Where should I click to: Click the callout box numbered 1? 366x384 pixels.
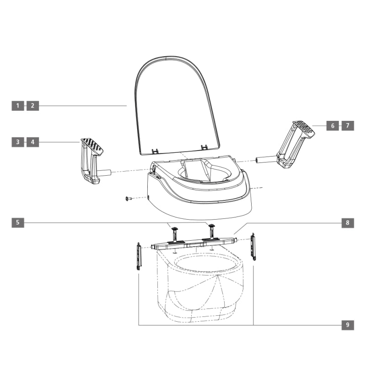pyautogui.click(x=18, y=106)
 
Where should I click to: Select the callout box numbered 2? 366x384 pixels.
pyautogui.click(x=32, y=106)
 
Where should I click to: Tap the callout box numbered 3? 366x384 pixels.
pyautogui.click(x=18, y=142)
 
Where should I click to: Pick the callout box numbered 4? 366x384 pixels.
pyautogui.click(x=32, y=142)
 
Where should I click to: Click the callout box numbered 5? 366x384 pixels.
pyautogui.click(x=18, y=223)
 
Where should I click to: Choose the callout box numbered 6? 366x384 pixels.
pyautogui.click(x=333, y=125)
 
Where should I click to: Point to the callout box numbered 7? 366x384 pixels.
pyautogui.click(x=348, y=125)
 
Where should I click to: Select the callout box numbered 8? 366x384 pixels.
pyautogui.click(x=348, y=223)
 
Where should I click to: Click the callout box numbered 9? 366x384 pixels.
pyautogui.click(x=348, y=325)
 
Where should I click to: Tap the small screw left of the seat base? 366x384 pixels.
pyautogui.click(x=128, y=198)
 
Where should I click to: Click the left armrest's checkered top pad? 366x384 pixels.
pyautogui.click(x=92, y=146)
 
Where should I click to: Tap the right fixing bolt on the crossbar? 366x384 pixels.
pyautogui.click(x=211, y=228)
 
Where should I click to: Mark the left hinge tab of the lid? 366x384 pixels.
pyautogui.click(x=155, y=150)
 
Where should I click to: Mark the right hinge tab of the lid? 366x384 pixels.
pyautogui.click(x=204, y=147)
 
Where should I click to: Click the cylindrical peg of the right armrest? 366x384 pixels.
pyautogui.click(x=266, y=160)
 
